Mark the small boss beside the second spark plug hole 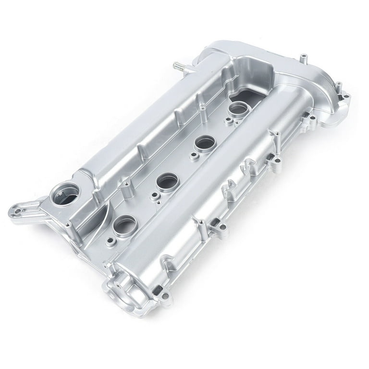point(154,197)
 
